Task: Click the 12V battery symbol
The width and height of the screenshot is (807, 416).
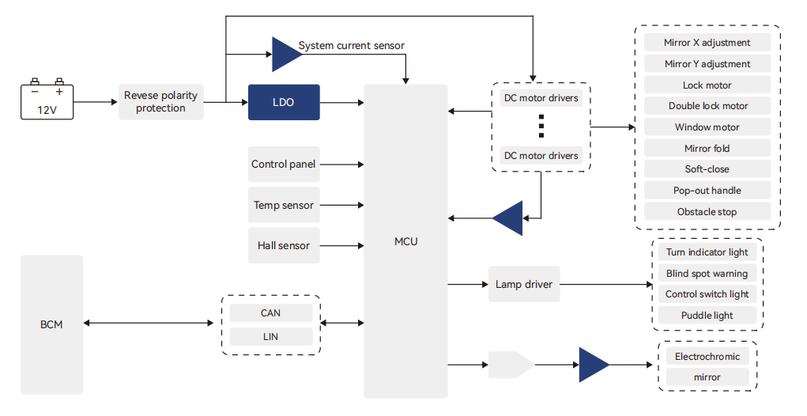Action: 47,100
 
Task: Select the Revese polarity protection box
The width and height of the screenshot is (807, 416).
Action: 160,102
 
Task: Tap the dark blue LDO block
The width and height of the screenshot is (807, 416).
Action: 284,102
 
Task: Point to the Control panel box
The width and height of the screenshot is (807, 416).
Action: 284,165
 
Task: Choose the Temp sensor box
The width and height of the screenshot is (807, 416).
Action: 284,206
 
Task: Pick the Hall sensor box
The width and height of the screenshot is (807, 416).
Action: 284,246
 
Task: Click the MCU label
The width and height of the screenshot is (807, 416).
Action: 405,241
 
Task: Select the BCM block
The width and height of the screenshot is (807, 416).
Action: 51,324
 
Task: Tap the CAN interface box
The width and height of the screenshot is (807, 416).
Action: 270,313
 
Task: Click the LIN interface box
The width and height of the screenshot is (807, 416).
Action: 270,337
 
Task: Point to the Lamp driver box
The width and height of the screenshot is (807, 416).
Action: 524,284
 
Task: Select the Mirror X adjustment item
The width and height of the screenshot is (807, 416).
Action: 707,43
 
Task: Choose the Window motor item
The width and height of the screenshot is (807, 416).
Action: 707,127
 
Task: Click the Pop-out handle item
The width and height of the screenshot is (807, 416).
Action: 707,191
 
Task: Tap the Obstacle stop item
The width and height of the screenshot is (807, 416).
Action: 707,212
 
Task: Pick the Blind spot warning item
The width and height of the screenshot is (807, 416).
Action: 707,274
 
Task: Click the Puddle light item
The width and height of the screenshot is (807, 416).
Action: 707,316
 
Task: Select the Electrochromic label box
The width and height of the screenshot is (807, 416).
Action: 707,357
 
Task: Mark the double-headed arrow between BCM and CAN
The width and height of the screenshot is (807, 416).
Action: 149,323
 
